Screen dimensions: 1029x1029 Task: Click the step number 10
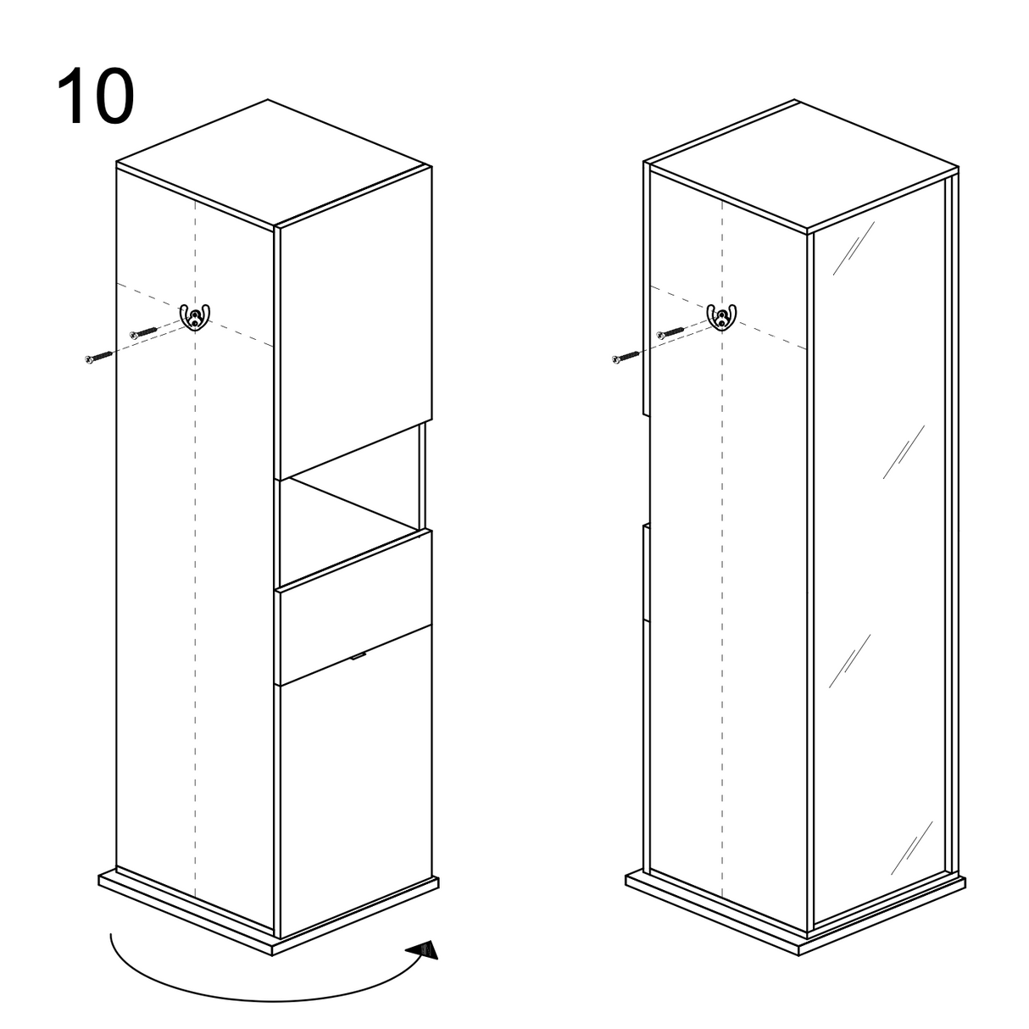95,97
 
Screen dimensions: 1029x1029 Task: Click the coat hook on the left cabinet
194,317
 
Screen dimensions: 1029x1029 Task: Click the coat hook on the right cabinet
721,317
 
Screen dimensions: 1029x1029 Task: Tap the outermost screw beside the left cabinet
99,357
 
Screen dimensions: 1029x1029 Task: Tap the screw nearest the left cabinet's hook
143,332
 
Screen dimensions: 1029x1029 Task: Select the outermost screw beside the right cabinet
626,357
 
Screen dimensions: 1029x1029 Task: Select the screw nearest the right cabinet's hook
670,332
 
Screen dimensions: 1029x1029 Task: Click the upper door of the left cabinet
356,323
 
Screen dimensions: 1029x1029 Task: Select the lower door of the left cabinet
356,781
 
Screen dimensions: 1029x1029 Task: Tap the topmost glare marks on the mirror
854,248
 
